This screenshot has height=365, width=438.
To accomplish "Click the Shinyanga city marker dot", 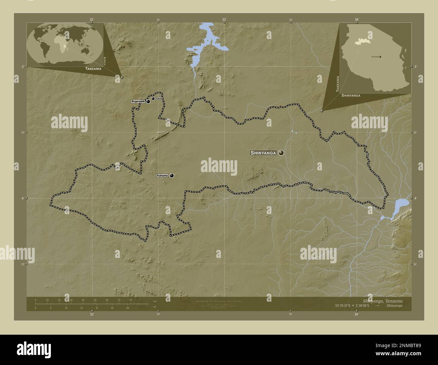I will (x=281, y=153).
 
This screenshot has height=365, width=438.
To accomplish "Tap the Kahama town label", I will (x=162, y=176).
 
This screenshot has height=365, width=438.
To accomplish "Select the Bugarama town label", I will (x=138, y=101).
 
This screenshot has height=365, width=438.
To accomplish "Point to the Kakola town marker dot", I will (x=153, y=99).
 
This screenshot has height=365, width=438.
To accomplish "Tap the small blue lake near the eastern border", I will (x=401, y=204).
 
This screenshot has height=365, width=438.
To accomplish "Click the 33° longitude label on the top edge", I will (x=224, y=20).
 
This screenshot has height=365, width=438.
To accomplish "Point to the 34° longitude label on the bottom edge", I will (x=356, y=314).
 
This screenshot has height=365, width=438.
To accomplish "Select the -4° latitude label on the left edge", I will (x=22, y=198).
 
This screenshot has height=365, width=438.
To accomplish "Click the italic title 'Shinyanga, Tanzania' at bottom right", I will (x=382, y=300).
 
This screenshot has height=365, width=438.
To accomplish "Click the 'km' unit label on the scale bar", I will (x=155, y=301).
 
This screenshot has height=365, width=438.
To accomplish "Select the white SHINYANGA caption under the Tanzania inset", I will (x=351, y=96).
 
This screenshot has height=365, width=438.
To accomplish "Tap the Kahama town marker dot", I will (x=172, y=175).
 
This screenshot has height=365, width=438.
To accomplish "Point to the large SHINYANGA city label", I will (x=263, y=153).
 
